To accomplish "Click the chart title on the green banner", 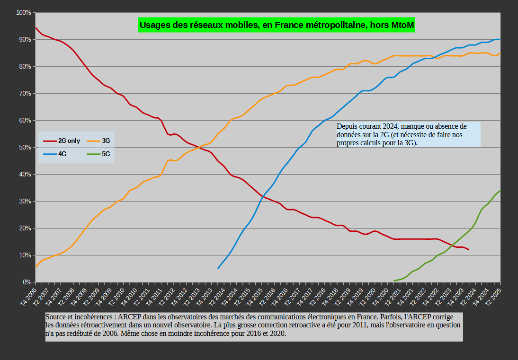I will [x=277, y=25].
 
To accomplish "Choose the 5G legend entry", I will [x=106, y=154].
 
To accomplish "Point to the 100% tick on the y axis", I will [x=24, y=12].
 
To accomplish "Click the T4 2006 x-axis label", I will [x=28, y=297].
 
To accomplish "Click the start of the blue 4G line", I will [x=218, y=268].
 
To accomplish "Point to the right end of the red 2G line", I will [x=469, y=249].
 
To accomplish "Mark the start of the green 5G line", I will [x=394, y=281].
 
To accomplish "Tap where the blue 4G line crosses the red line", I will [x=262, y=195].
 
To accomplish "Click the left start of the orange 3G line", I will [x=36, y=268].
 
